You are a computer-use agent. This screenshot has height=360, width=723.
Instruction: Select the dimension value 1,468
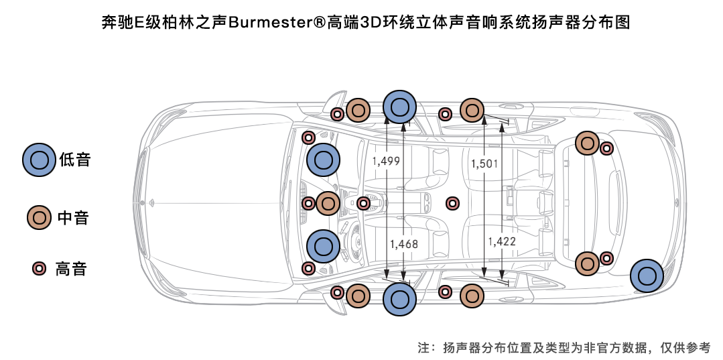tap(404, 244)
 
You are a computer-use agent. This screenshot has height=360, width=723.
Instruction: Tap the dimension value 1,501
tap(484, 164)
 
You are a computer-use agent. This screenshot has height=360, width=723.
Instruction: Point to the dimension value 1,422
tap(502, 241)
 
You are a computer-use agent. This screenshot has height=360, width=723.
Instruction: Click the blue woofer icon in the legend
tap(39, 160)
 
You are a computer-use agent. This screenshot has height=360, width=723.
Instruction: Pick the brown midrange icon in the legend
tap(39, 217)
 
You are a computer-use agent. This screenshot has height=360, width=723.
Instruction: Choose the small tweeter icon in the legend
tap(39, 269)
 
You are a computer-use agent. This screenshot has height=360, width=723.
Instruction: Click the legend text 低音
tap(74, 160)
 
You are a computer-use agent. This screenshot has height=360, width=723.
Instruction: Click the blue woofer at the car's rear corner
tap(647, 276)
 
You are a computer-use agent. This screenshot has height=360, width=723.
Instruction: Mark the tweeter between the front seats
tap(452, 203)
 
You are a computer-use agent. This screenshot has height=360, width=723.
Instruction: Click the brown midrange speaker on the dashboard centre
tap(328, 203)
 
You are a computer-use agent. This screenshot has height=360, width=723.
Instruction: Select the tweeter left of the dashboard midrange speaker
tap(308, 203)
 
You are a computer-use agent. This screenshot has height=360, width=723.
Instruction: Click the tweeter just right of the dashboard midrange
tap(363, 203)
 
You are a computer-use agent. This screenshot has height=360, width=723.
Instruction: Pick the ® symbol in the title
tap(318, 23)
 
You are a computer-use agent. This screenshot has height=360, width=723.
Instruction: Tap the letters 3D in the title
tap(371, 23)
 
